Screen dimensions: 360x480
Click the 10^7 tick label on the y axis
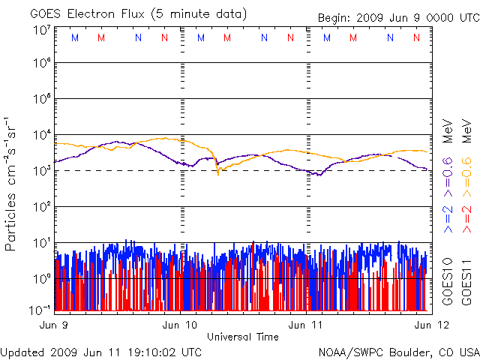(x=41, y=30)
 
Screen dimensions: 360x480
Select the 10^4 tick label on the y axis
(x=41, y=135)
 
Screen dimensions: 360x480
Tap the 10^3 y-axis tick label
(x=41, y=171)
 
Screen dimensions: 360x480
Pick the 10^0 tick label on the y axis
(x=41, y=279)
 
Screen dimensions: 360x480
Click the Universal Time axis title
(x=243, y=337)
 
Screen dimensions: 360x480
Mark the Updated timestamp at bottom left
(x=101, y=352)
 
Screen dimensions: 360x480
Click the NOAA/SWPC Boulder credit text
(x=398, y=352)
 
